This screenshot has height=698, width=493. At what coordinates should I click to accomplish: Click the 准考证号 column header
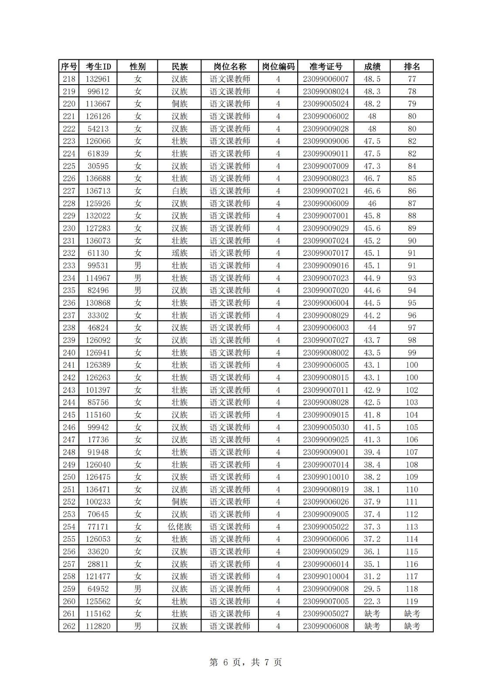coord(326,66)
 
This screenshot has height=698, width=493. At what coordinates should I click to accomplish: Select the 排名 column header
coord(411,66)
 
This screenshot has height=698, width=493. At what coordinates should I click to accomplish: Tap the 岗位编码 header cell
coord(278,66)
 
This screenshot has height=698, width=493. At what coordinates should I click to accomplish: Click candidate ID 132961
coord(98,79)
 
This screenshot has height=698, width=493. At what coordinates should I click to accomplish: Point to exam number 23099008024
coord(326,92)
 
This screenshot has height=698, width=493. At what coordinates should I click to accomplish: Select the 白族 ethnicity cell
coord(179,191)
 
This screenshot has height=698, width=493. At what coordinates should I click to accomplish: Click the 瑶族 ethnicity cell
coord(179,253)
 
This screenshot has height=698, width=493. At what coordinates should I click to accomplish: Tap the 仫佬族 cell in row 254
coord(179,527)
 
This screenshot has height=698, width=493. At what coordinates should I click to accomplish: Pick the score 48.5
coord(372,79)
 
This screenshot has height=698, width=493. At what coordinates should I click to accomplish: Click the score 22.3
coord(372,601)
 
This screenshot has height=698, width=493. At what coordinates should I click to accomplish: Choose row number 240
coord(69,352)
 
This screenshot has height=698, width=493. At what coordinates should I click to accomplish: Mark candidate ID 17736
coord(98,440)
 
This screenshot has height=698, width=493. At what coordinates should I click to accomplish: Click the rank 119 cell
coord(411,601)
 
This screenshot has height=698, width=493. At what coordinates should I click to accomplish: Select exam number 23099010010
coord(326,477)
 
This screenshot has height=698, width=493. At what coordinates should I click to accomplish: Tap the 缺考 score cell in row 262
coord(372,626)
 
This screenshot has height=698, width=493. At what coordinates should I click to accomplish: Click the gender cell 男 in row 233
coord(138,266)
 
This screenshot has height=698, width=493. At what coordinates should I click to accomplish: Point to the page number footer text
coord(246,662)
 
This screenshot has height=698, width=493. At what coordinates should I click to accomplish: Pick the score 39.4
coord(372,452)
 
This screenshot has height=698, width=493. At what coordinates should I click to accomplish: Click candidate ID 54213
coord(98,129)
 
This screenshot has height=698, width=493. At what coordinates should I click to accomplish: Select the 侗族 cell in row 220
coord(179,104)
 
